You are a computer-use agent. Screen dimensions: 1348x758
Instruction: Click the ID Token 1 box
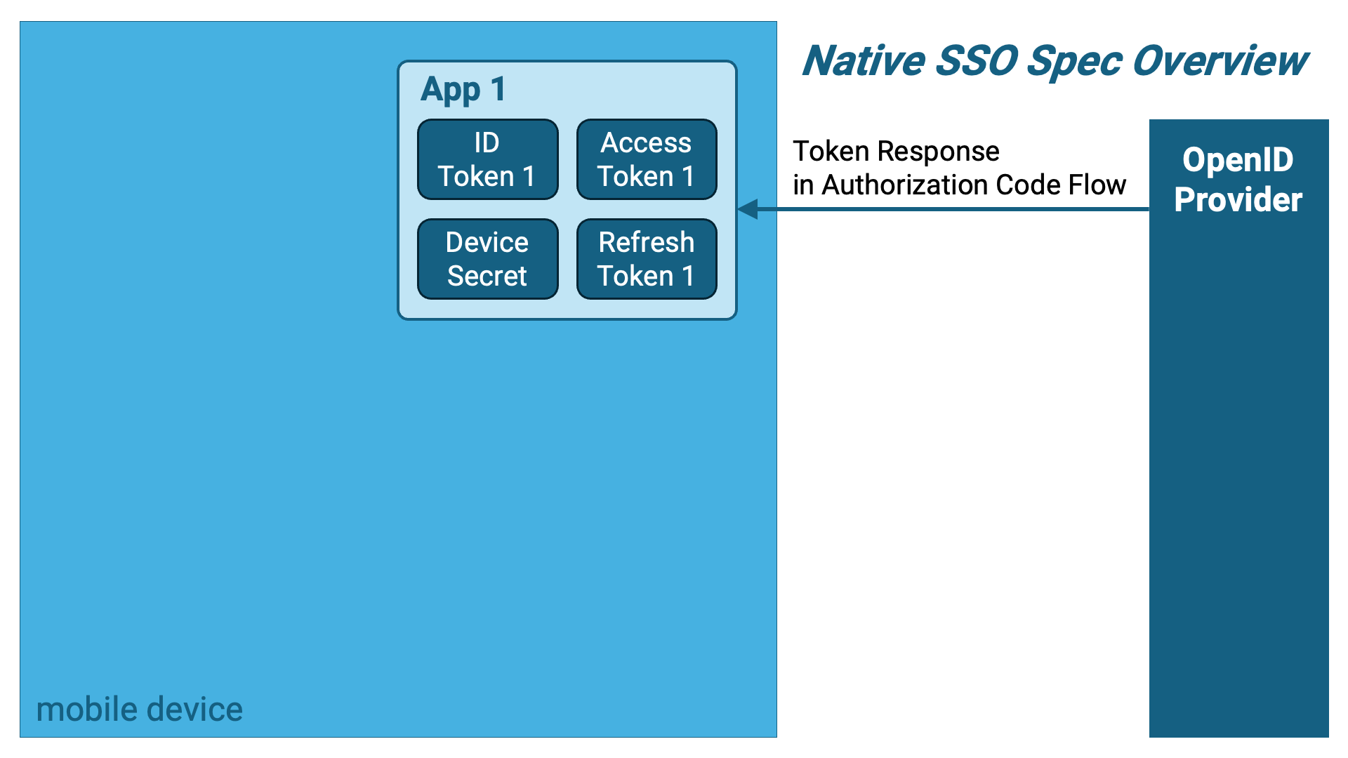488,159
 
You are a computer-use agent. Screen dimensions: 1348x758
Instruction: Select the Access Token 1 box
647,159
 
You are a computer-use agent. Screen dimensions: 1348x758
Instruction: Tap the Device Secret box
488,259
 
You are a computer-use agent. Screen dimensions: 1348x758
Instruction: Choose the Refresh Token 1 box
647,259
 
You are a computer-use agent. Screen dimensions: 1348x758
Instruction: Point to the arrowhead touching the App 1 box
748,208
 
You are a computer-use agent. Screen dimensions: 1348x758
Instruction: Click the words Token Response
896,152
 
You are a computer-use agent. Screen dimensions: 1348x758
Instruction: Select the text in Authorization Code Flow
960,185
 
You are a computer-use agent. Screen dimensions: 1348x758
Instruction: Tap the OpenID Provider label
1238,180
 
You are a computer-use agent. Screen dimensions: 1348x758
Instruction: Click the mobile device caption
140,710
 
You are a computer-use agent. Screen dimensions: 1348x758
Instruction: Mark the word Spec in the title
1074,62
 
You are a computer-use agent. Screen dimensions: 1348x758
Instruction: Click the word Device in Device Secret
487,242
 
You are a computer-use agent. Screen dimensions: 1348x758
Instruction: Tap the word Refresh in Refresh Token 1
647,242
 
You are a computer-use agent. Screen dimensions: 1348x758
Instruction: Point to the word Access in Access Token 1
647,142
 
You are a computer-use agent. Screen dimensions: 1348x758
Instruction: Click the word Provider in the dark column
1238,200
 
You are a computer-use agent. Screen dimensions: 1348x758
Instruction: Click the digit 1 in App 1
498,89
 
